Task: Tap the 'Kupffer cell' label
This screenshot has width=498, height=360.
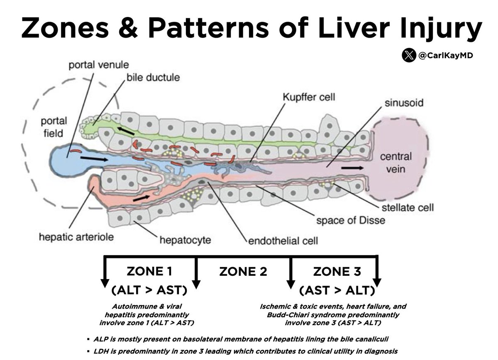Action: click(309, 98)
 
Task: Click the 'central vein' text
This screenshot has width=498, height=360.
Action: click(396, 163)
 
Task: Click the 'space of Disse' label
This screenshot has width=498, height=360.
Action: click(351, 220)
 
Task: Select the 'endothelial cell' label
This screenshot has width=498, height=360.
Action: click(283, 240)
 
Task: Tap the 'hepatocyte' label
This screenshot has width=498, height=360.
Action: click(185, 239)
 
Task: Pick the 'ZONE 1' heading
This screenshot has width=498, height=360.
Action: click(149, 272)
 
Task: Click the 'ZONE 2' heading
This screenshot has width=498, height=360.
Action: click(243, 272)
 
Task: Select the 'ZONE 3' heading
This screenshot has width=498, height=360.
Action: click(337, 272)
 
